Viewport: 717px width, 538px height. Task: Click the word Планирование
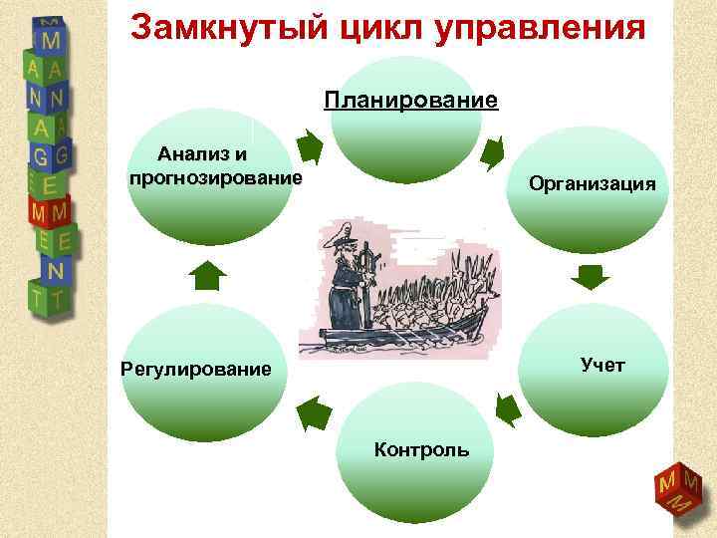(410, 101)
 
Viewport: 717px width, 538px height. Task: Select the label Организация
(592, 183)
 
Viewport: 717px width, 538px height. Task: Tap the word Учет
(602, 365)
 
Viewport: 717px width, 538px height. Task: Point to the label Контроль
(421, 449)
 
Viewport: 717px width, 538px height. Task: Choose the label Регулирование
(195, 370)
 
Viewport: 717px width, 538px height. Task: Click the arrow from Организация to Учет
(593, 276)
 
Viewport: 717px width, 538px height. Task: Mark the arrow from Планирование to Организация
(493, 151)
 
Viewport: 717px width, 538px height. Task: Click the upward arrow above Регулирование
(207, 274)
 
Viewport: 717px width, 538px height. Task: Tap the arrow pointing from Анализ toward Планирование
(311, 148)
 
